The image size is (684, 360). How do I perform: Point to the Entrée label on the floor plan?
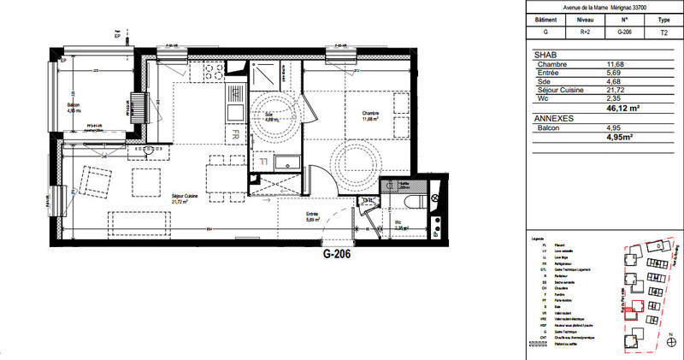tap(313, 216)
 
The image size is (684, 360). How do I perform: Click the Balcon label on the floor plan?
tap(74, 108)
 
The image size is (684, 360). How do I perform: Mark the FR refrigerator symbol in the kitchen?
tap(233, 135)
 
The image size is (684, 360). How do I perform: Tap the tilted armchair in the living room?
tap(96, 182)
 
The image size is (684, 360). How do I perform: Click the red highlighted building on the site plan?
tap(634, 311)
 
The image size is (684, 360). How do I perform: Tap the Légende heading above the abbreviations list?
tap(538, 238)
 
